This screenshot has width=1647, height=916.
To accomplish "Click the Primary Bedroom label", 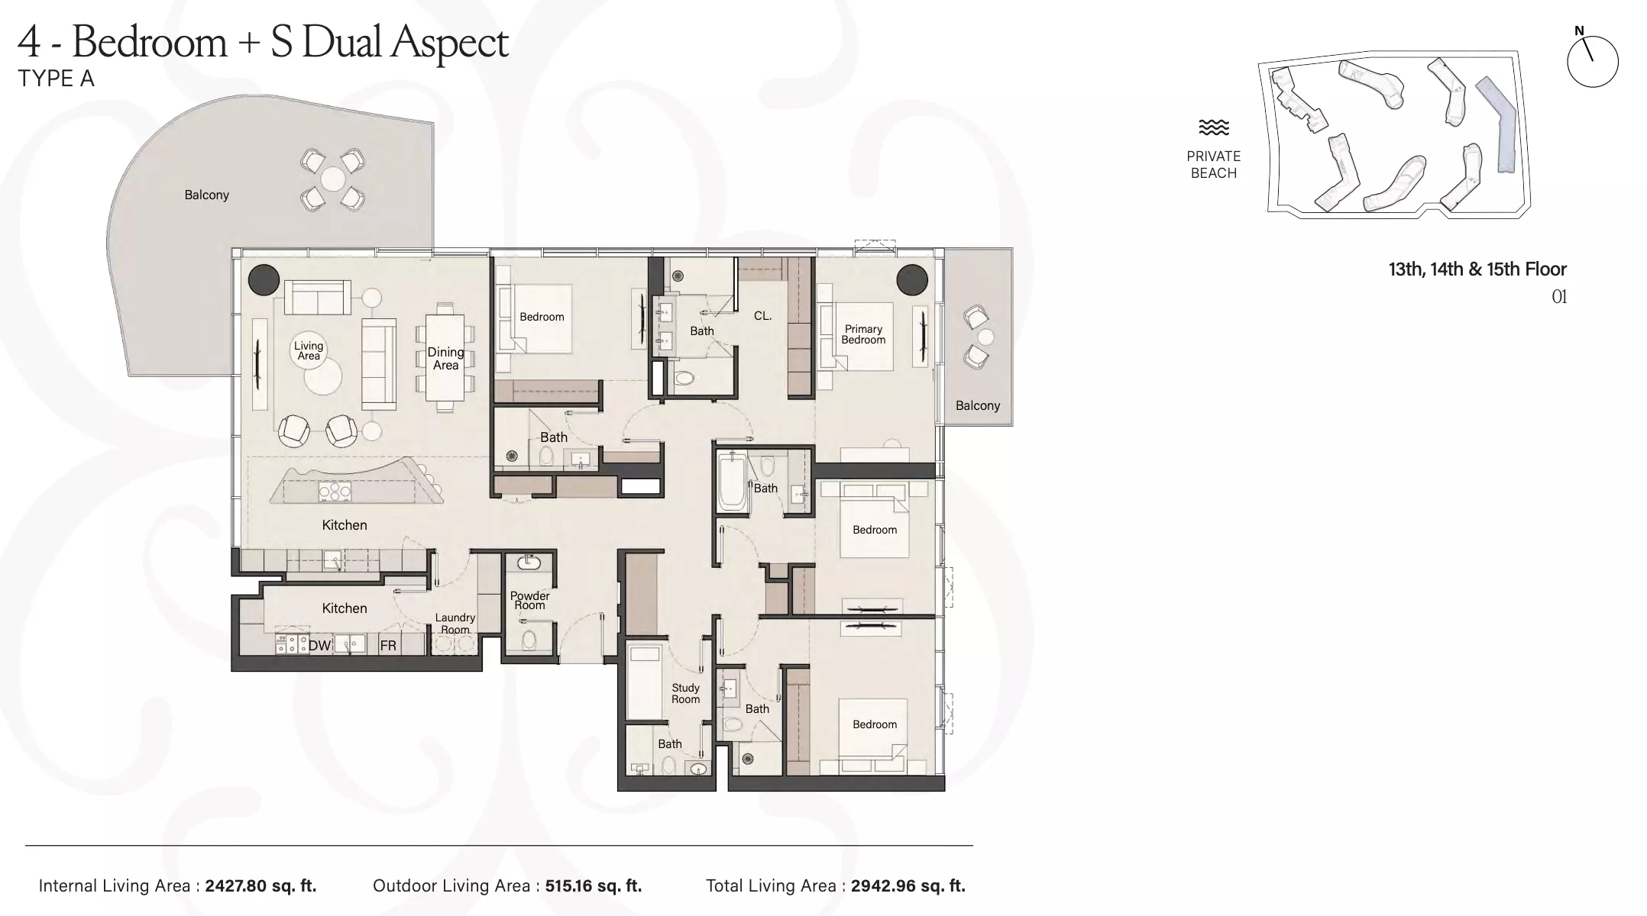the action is pos(863,334).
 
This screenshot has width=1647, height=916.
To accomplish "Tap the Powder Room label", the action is pos(529,600).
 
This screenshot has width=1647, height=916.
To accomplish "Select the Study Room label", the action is pos(685,693).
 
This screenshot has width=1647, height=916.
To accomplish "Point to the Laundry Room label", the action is pos(455,623).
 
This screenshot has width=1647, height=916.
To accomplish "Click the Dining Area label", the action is pos(445,358).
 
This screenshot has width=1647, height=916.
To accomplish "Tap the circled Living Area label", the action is pos(309,350).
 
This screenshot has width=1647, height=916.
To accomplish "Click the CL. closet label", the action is pos(762,315).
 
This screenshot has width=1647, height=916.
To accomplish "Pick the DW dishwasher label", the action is pos(319,646).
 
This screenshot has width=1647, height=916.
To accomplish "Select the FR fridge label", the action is pos(388,646).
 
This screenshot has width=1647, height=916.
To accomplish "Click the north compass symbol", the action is pos(1592,59).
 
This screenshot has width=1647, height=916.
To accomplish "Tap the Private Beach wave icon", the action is pos(1213,127).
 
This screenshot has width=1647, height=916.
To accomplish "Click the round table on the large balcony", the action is pos(333,179).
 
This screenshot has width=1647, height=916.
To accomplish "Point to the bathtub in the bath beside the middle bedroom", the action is pos(733,482).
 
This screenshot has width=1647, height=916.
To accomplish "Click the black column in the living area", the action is pos(264,279).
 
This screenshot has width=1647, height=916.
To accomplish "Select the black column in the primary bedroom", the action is pos(912,279).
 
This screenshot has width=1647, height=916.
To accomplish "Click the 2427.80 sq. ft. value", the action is pos(260,886).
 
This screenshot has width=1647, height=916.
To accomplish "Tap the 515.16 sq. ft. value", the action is pos(593,886).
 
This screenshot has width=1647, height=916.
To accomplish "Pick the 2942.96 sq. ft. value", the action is pos(908,886).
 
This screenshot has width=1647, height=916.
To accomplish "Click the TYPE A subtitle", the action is pos(56,79).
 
